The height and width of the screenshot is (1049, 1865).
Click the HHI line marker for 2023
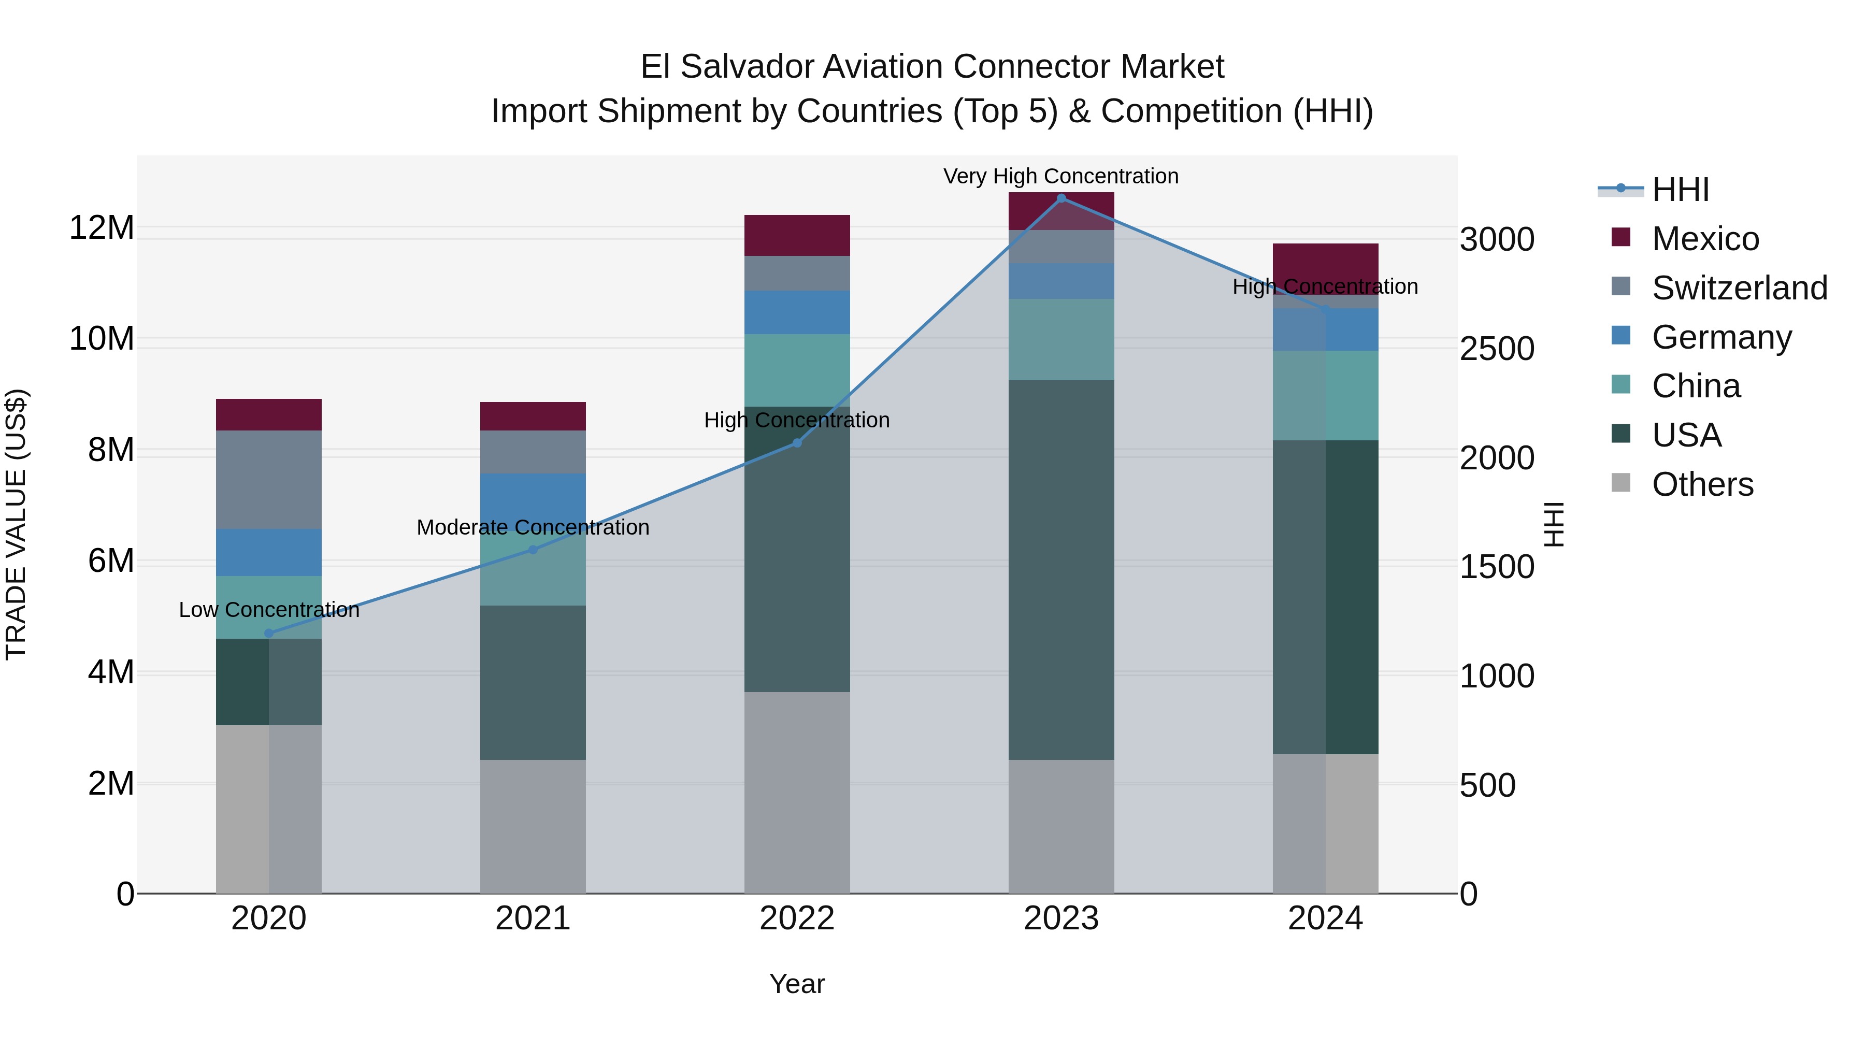click(1061, 198)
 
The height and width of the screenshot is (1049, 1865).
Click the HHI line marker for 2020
click(268, 633)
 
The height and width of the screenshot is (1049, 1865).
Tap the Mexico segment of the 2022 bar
click(797, 235)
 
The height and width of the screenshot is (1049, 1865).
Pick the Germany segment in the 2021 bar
click(533, 499)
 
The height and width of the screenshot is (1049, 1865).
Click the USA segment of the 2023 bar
click(1061, 570)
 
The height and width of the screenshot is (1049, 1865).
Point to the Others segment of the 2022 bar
click(797, 792)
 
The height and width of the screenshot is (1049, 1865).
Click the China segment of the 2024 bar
click(1326, 395)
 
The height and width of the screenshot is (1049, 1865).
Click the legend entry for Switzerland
click(1739, 288)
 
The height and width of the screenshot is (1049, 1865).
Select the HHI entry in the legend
click(1680, 190)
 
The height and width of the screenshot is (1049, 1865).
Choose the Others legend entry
click(1702, 484)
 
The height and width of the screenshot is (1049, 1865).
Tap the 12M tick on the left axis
click(102, 227)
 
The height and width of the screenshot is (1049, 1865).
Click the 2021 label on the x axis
click(533, 918)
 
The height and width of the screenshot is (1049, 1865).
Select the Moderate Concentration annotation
click(533, 527)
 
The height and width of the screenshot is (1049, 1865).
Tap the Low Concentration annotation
click(268, 610)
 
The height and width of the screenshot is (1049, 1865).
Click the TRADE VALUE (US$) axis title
click(16, 524)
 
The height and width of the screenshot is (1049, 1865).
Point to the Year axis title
click(797, 984)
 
